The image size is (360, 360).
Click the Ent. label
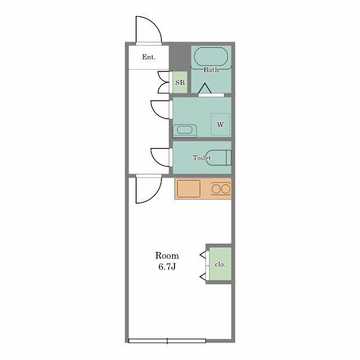coord(148,57)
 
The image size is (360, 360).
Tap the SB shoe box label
coord(180,83)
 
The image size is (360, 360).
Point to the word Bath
coord(211,70)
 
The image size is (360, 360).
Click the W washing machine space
coord(220,124)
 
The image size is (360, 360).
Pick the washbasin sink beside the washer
coord(185,130)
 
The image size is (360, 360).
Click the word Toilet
coord(201,157)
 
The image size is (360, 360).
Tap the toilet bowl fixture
coord(219,157)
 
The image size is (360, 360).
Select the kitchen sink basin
coord(188,189)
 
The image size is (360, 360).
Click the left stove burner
coord(216,189)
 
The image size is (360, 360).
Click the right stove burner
coord(226,189)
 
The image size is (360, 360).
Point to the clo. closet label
coord(220,264)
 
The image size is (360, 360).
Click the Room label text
coord(167,255)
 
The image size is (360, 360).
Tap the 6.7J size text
coord(167,267)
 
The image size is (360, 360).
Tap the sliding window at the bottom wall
coord(167,341)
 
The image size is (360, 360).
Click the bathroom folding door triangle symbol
coord(205,88)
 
